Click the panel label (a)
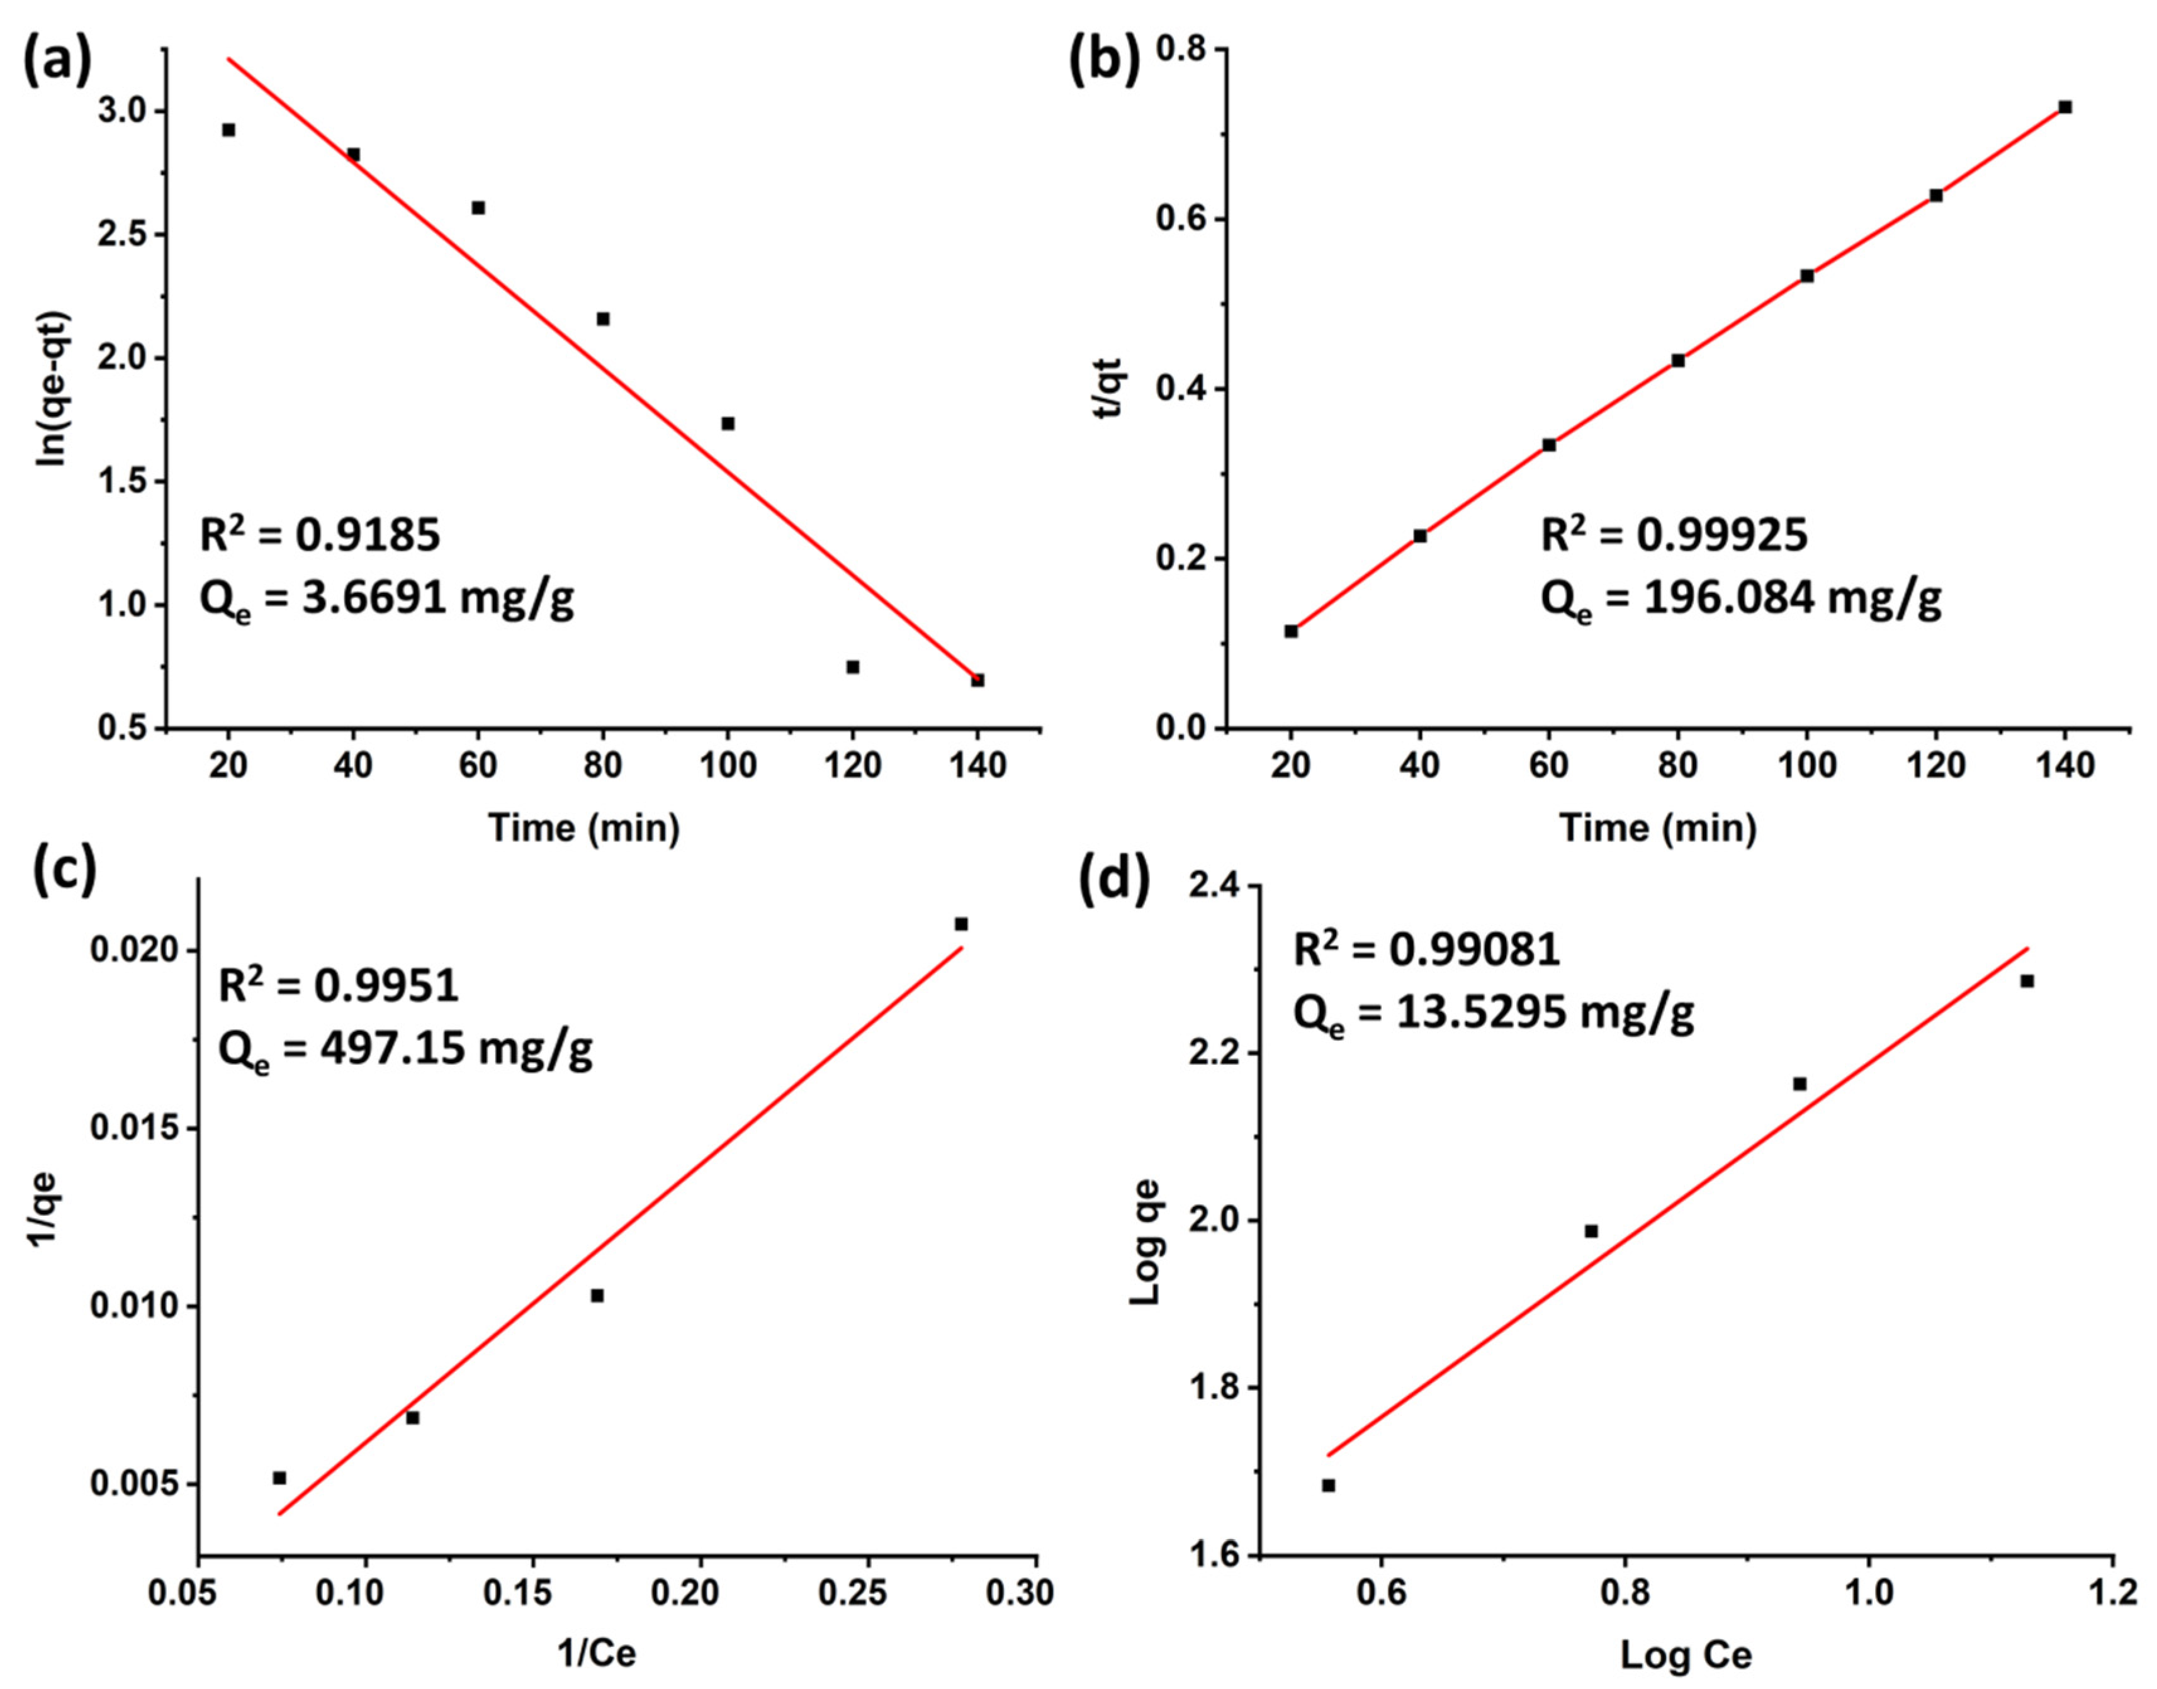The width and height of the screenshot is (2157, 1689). pos(57,61)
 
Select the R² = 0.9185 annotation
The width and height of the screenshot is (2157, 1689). pos(320,536)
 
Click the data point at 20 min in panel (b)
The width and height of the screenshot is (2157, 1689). pos(1291,631)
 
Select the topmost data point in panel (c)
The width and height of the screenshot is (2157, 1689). pos(960,924)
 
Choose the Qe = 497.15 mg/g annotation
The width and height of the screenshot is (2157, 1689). pos(405,1051)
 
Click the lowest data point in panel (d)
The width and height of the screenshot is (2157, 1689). pos(1328,1485)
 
